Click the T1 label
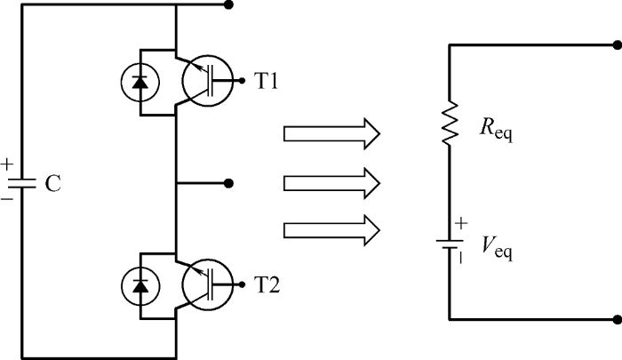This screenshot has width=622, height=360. tap(266, 82)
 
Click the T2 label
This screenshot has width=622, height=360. tap(267, 285)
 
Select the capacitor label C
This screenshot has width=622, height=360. tap(52, 184)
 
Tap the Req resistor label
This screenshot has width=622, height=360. tap(496, 130)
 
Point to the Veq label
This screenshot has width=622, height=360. tap(498, 247)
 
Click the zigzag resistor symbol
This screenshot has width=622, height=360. tap(450, 123)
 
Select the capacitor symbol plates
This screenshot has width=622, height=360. tap(22, 183)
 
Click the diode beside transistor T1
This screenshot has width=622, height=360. tap(140, 83)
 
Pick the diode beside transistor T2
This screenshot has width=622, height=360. tap(140, 285)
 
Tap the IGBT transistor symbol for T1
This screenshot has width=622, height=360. tap(207, 81)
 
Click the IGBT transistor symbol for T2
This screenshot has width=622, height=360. tap(207, 284)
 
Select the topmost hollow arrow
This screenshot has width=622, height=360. tap(331, 133)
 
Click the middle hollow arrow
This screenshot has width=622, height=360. tap(331, 183)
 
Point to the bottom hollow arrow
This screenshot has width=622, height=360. tap(331, 230)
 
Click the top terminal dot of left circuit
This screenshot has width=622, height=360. tap(228, 4)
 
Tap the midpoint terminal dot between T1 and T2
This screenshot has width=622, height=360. tap(228, 183)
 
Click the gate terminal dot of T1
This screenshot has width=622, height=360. tap(242, 81)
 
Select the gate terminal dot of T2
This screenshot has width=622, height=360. tap(242, 284)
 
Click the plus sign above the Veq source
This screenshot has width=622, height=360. tap(461, 223)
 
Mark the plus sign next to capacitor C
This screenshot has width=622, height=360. tap(7, 164)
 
